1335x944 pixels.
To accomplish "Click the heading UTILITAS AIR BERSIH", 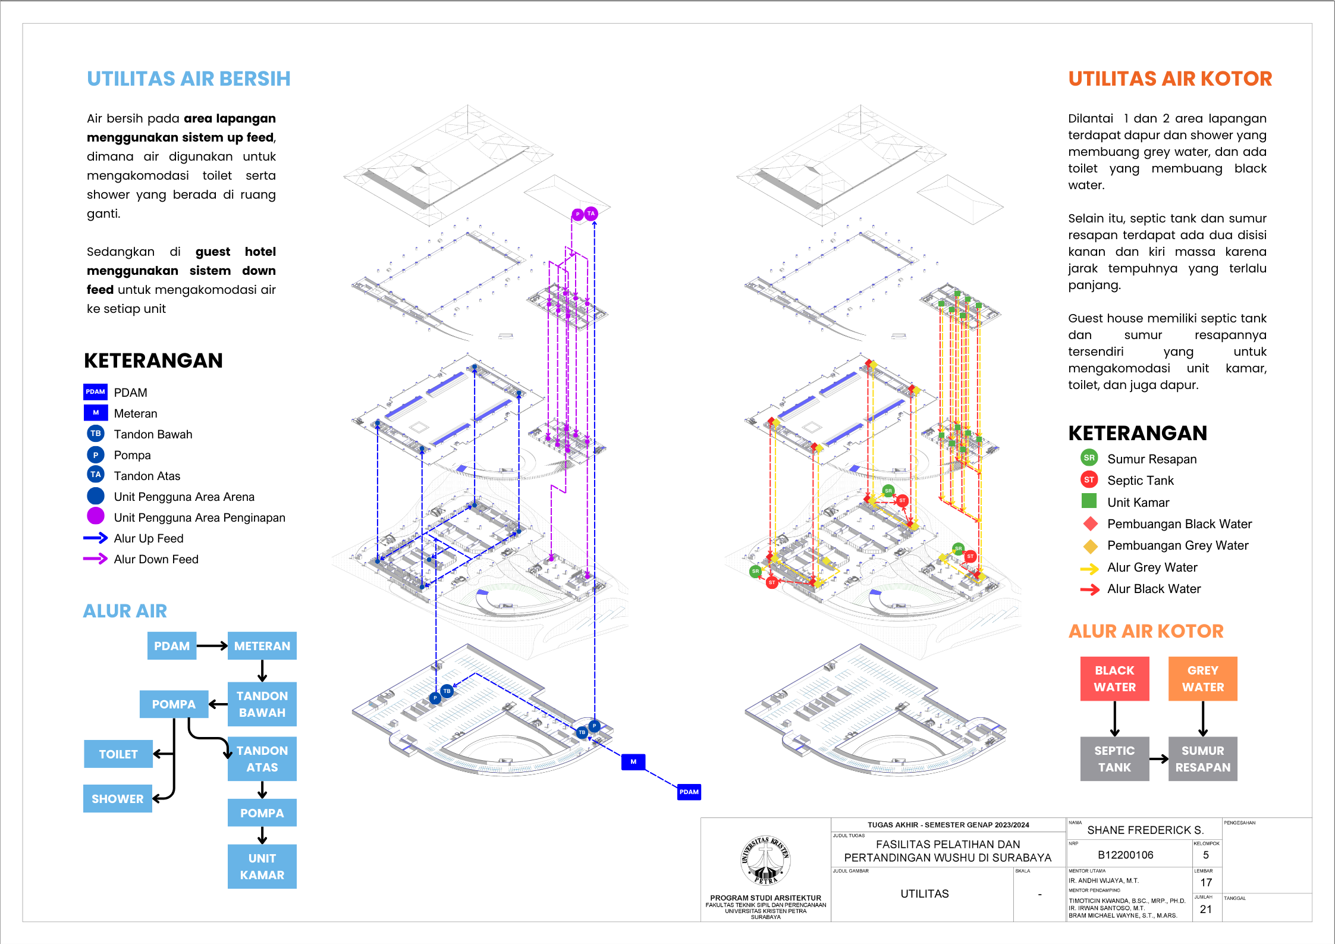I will (x=189, y=79).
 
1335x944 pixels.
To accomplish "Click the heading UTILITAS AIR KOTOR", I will (x=1170, y=79).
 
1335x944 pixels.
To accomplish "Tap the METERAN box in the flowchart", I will (x=262, y=646).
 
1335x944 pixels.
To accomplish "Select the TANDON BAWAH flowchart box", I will (x=262, y=704).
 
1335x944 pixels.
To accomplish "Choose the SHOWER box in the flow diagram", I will (x=118, y=799).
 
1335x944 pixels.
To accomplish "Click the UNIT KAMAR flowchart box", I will (x=262, y=867).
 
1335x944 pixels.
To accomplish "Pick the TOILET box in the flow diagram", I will (x=118, y=754).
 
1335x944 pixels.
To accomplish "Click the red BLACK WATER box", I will (x=1114, y=679).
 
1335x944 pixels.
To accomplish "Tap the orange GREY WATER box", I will (x=1202, y=679).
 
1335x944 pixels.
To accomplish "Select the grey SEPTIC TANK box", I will (x=1114, y=759).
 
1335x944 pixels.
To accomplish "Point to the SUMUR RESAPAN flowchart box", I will (x=1202, y=759).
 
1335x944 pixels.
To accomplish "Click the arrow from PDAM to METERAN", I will (x=212, y=646).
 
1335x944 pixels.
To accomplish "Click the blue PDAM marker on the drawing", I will (x=689, y=792).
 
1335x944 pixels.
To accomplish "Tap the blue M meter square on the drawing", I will (x=633, y=761).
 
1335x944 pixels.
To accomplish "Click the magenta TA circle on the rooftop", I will (x=590, y=214).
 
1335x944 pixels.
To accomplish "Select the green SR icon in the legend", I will (x=1089, y=458).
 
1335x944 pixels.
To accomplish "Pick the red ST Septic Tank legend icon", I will (x=1089, y=479).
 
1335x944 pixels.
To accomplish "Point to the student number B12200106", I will (x=1125, y=855).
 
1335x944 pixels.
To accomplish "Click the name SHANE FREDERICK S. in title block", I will (x=1145, y=830).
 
